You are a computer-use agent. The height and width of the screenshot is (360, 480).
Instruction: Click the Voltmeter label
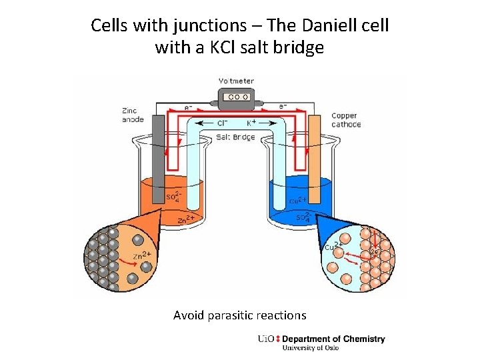(x=236, y=81)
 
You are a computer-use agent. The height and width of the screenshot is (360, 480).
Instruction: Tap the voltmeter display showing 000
(x=237, y=97)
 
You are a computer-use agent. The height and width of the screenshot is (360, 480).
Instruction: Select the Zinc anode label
(x=133, y=115)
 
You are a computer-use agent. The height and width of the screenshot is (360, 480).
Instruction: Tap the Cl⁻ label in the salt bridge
(x=223, y=123)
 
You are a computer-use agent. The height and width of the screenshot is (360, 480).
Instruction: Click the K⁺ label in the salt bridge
(x=253, y=123)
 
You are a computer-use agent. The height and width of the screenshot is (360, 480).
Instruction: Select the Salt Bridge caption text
(x=235, y=137)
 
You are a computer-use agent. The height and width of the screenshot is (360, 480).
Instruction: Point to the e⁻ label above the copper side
(x=283, y=106)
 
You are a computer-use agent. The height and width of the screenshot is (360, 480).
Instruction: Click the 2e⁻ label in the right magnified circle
(x=375, y=252)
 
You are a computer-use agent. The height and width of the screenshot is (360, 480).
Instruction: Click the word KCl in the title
(x=230, y=48)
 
